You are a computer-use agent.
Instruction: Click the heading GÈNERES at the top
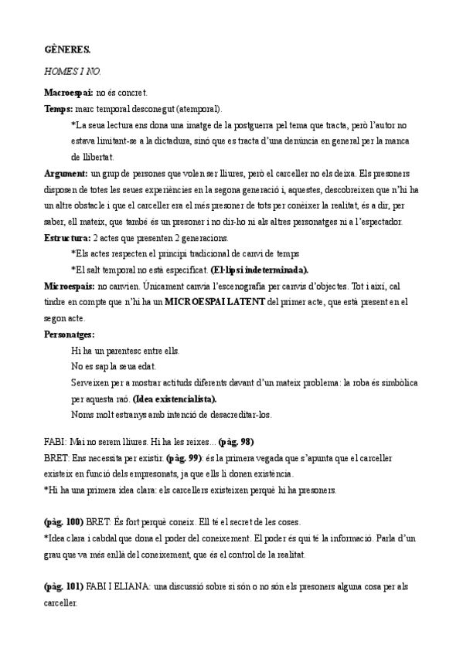67,50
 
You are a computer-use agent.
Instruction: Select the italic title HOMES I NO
73,70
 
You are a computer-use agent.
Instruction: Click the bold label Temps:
59,108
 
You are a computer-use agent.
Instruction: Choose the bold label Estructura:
67,237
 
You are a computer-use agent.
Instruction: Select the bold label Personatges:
70,334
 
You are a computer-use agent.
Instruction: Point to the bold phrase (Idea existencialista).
175,399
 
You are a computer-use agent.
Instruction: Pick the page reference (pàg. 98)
237,442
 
